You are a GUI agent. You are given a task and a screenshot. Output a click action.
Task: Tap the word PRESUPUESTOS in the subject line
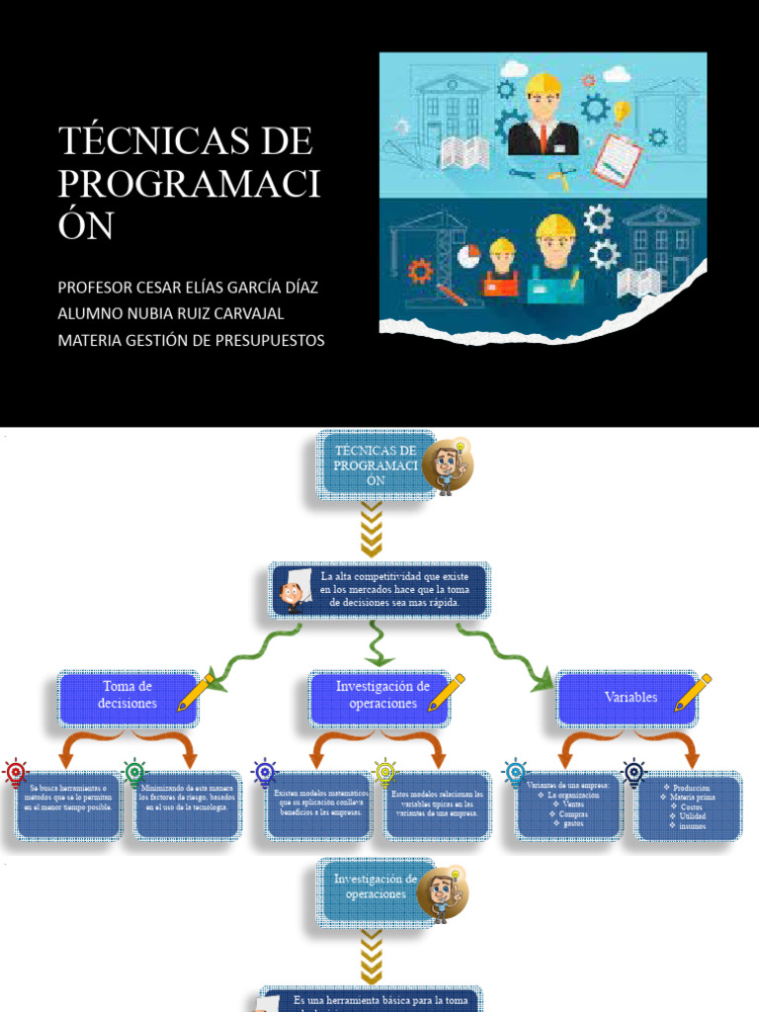[x=268, y=340]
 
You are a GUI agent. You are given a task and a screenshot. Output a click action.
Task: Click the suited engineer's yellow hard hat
[x=543, y=83]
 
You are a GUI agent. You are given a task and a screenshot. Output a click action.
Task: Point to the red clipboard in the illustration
[x=617, y=157]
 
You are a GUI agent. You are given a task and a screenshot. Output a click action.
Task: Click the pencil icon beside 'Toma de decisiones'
[x=195, y=693]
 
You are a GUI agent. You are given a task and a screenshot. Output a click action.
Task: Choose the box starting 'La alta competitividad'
[x=379, y=590]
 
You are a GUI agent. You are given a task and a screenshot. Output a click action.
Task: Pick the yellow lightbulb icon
[x=384, y=772]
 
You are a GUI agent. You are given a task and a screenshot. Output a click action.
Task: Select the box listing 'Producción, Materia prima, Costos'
[x=688, y=806]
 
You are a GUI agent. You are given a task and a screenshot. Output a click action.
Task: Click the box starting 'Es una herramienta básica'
[x=371, y=1000]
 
